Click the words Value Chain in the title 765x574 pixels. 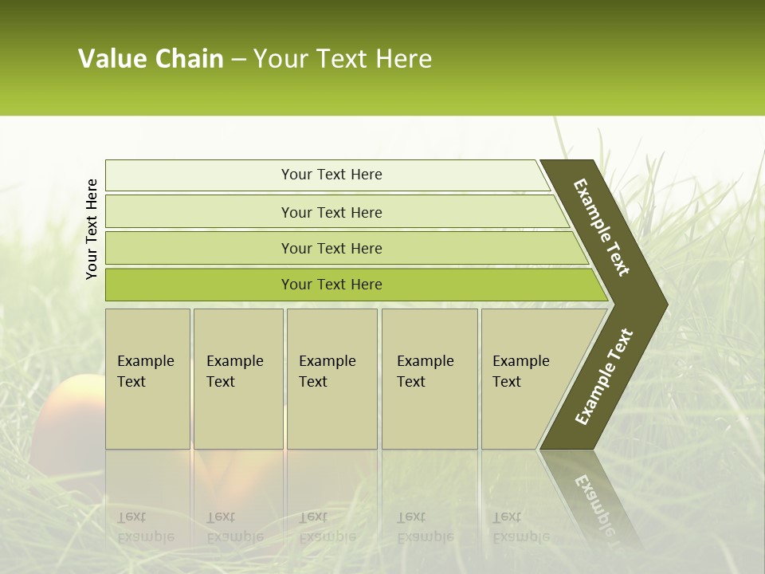click(x=151, y=59)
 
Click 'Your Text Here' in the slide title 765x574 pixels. click(x=343, y=59)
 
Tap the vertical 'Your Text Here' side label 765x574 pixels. click(x=92, y=229)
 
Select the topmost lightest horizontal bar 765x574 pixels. click(x=331, y=175)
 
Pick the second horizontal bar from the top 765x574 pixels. click(x=331, y=212)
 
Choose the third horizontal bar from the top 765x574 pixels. click(x=331, y=248)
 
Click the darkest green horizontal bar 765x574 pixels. click(x=331, y=285)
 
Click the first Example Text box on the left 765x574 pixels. click(x=147, y=379)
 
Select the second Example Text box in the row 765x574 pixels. click(x=237, y=379)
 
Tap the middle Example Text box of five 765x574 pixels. click(x=331, y=379)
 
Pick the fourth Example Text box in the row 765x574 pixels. click(x=429, y=379)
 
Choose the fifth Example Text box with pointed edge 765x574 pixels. click(x=526, y=379)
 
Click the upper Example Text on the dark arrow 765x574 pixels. click(x=602, y=227)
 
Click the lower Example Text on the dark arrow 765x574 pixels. click(x=603, y=376)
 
